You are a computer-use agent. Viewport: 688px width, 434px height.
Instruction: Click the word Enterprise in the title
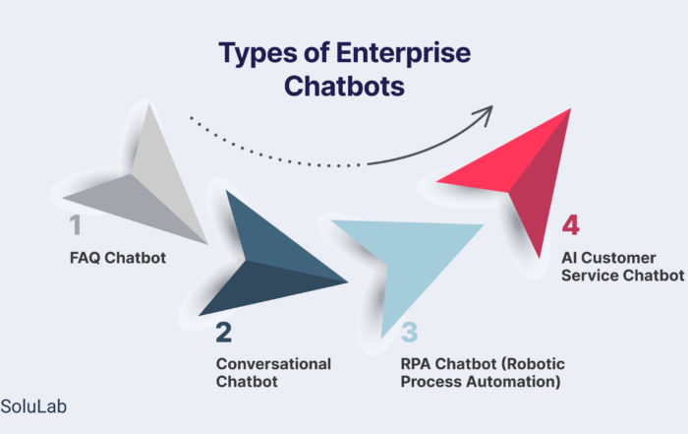coord(403,53)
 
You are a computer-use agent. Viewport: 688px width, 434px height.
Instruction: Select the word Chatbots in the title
coord(344,86)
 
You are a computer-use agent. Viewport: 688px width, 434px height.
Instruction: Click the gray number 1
coord(76,225)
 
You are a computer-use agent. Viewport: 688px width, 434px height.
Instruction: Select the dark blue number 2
coord(224,333)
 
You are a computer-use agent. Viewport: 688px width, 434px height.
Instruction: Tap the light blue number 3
coord(410,333)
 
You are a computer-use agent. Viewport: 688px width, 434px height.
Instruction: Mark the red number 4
coord(570,225)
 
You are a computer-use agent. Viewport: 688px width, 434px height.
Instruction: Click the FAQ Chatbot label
coord(118,258)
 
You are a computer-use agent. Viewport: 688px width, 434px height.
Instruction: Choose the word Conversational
coord(273,364)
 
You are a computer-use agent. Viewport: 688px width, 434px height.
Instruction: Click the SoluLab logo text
coord(33,406)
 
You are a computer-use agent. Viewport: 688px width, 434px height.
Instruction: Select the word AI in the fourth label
coord(569,258)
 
